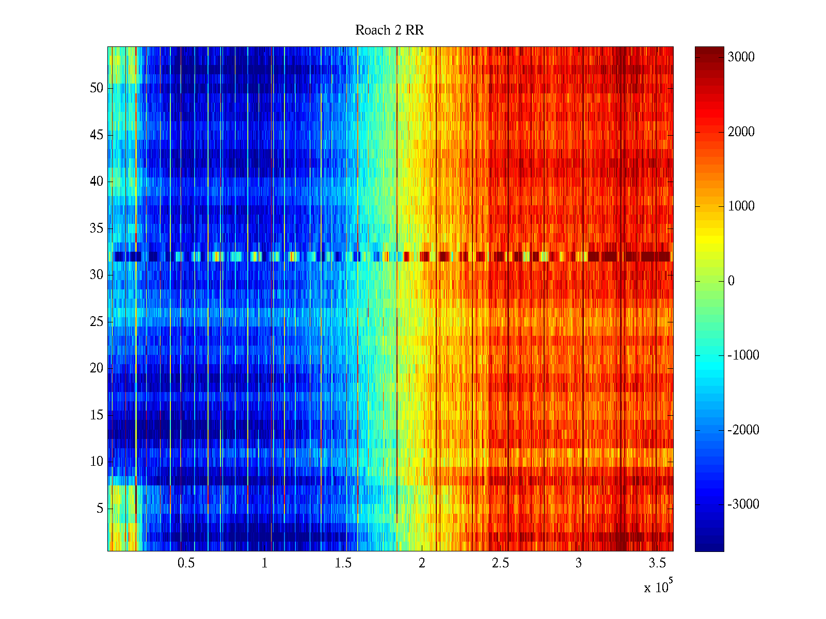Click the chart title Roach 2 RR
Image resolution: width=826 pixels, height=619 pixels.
[x=389, y=30]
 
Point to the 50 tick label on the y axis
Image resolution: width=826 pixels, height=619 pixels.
[x=97, y=88]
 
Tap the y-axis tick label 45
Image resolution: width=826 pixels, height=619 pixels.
[x=97, y=135]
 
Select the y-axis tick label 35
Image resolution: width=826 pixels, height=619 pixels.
[x=97, y=229]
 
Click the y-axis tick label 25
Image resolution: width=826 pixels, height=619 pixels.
[x=97, y=322]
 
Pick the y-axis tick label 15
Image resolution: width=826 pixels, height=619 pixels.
[x=97, y=415]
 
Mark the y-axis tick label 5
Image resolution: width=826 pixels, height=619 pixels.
[x=100, y=509]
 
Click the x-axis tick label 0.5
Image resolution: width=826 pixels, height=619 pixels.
[x=186, y=563]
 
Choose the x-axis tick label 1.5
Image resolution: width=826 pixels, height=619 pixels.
[x=343, y=563]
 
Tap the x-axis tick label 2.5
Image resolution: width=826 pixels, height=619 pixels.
[x=500, y=563]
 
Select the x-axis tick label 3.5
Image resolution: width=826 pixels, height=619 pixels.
[x=657, y=563]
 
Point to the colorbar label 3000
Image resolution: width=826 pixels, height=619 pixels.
[x=741, y=57]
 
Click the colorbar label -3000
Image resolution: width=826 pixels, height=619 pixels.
[x=743, y=504]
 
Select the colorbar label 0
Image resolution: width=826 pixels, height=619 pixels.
[x=731, y=281]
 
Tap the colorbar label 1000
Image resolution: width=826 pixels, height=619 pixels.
[x=741, y=206]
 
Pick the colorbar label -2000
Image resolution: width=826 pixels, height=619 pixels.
[x=743, y=430]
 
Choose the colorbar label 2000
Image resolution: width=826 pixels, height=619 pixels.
[x=741, y=132]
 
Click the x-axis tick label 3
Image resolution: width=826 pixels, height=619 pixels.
[x=579, y=563]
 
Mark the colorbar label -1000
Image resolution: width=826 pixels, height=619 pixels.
[x=743, y=355]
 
